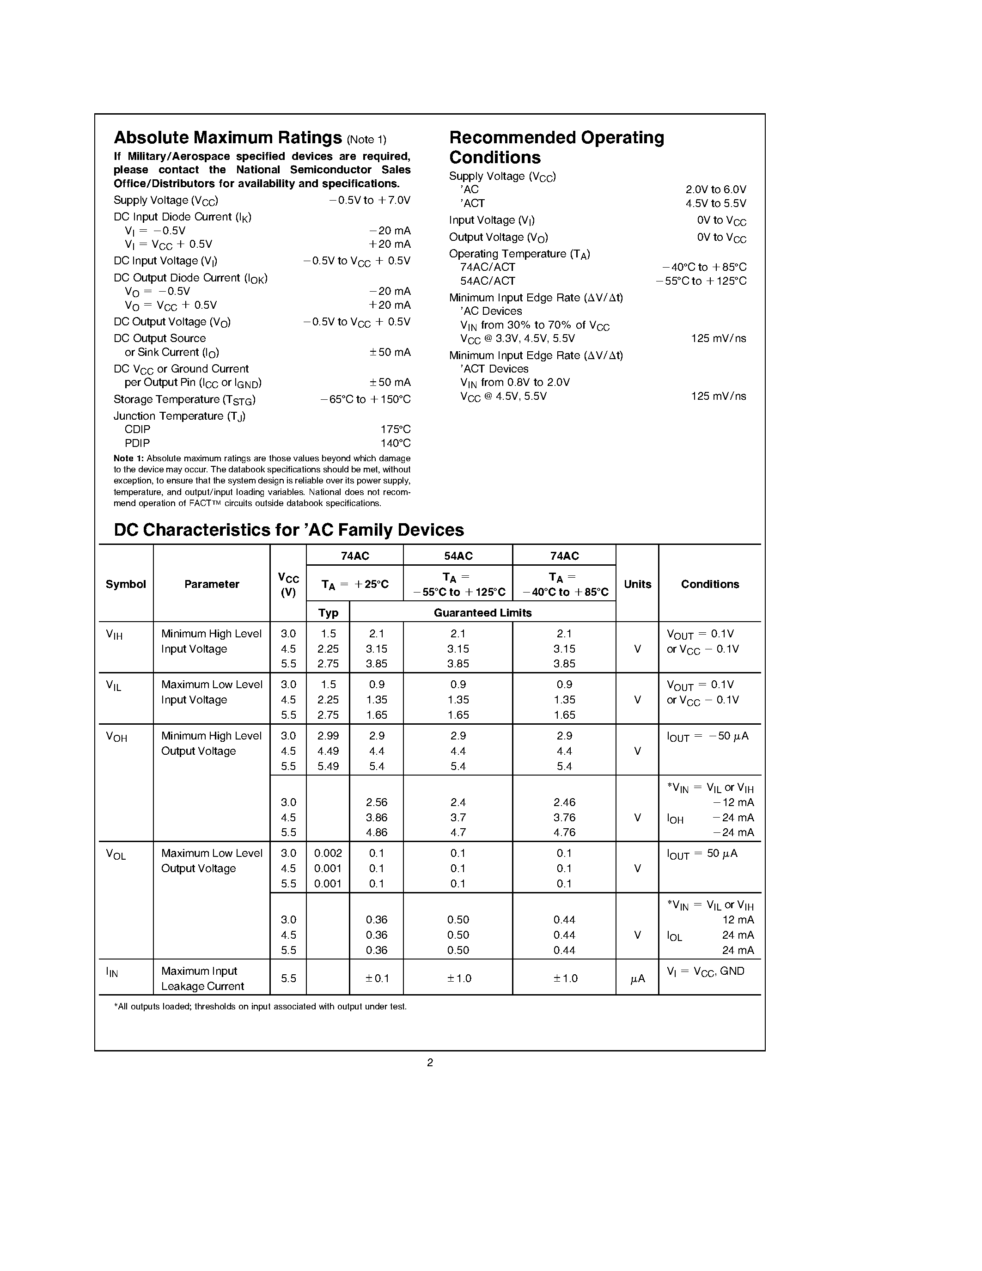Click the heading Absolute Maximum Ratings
[x=227, y=138]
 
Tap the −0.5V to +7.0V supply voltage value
[x=369, y=200]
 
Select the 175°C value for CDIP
[x=396, y=429]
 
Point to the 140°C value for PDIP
[x=396, y=443]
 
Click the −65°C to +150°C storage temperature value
[x=366, y=400]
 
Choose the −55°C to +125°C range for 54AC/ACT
[x=701, y=281]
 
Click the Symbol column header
[x=126, y=584]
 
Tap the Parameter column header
[x=212, y=584]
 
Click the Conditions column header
[x=710, y=584]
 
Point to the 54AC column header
[x=458, y=556]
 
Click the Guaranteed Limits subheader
[x=482, y=613]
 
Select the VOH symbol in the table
[x=116, y=737]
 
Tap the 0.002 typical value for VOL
[x=328, y=853]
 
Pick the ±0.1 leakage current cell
[x=377, y=978]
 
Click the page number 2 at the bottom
[x=430, y=1063]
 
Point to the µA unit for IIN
[x=638, y=979]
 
